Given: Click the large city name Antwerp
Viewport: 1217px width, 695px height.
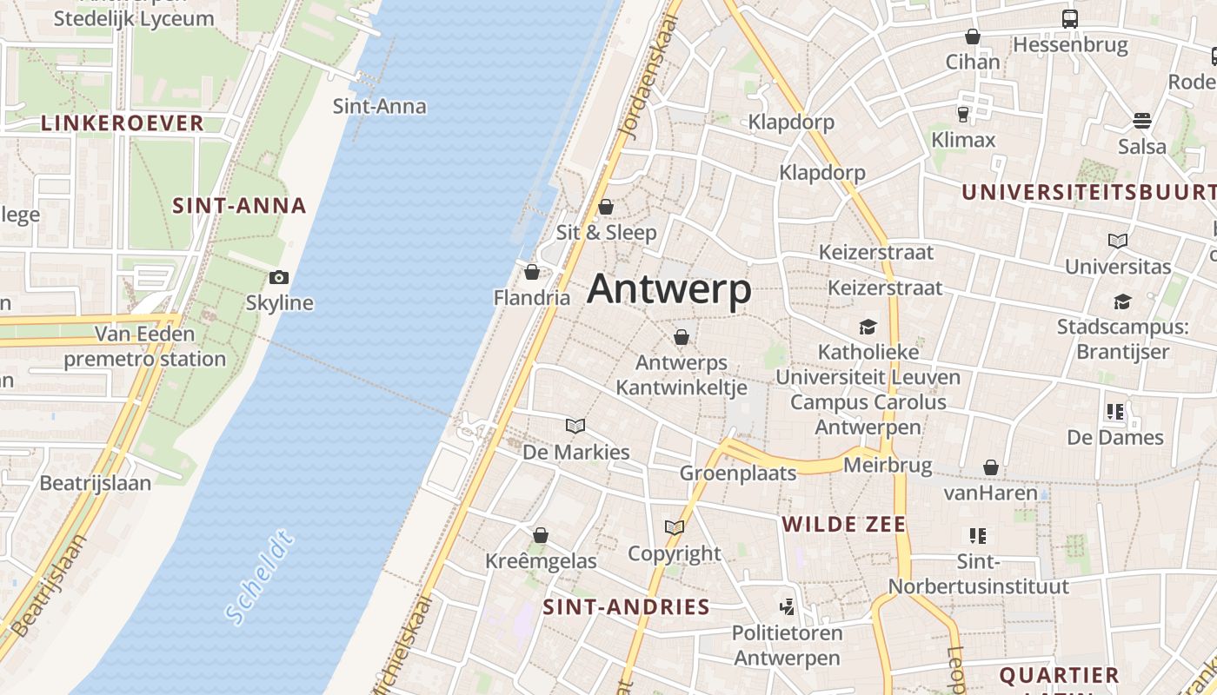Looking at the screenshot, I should (x=668, y=289).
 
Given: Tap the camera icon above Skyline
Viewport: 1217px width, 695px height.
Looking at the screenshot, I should (x=279, y=278).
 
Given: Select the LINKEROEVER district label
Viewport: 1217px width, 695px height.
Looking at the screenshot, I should (x=123, y=123).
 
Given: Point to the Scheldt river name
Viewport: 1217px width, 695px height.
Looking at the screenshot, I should (x=259, y=579).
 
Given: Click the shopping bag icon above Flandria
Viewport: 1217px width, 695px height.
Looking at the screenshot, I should (x=532, y=273).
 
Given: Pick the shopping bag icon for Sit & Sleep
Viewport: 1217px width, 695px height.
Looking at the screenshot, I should (x=606, y=207).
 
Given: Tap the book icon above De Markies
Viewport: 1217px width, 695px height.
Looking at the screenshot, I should (x=575, y=426).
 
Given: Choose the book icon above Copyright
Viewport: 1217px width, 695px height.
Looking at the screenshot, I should (x=674, y=527).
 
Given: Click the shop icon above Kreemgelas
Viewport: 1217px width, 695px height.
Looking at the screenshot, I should (x=541, y=535).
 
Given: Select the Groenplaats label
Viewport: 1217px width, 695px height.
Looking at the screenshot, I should (x=738, y=473).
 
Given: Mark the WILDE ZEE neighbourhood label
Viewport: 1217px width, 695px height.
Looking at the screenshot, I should (x=843, y=524).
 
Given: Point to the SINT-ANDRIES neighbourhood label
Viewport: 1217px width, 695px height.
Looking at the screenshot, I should (x=626, y=607).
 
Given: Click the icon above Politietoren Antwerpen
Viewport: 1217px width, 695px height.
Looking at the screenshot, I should (x=788, y=606).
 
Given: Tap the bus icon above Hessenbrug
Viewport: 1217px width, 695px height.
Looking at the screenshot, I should (x=1070, y=18).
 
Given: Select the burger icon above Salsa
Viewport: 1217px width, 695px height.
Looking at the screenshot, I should (x=1142, y=120).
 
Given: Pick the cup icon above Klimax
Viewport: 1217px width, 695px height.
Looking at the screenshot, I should (x=963, y=114).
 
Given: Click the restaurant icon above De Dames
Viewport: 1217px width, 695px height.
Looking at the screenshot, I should (x=1115, y=412).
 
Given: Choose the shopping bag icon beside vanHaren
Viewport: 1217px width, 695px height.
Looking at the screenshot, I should (x=990, y=468).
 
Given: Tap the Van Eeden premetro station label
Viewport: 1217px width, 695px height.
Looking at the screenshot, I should (x=144, y=347).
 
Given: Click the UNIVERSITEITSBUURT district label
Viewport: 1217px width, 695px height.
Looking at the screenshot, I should (x=1087, y=193).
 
